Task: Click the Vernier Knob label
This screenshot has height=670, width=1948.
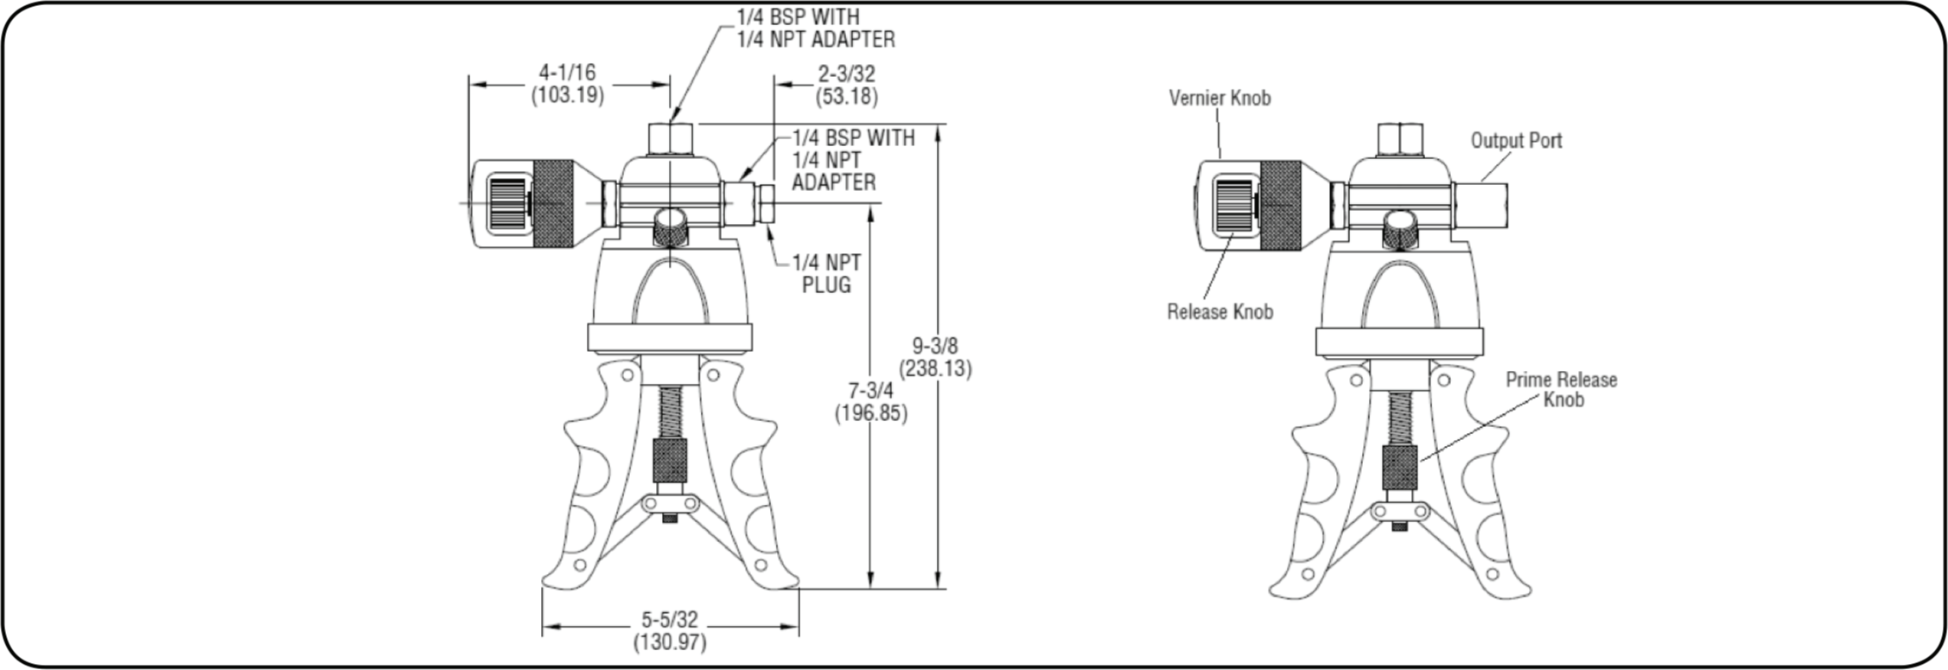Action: [x=1219, y=98]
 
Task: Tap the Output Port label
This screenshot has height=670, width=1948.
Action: [x=1516, y=140]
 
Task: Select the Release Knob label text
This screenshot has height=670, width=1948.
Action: [x=1219, y=311]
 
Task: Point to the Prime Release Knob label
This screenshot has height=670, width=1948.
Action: [x=1561, y=389]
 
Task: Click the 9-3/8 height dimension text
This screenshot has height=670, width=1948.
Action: [x=935, y=346]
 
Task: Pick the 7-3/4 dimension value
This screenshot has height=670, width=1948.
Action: [x=870, y=391]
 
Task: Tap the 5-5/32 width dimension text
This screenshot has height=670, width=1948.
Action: [x=670, y=619]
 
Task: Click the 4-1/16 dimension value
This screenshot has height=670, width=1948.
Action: [x=567, y=72]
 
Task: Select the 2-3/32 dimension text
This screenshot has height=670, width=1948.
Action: [x=846, y=73]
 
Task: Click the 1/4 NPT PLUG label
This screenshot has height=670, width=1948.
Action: [x=826, y=273]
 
